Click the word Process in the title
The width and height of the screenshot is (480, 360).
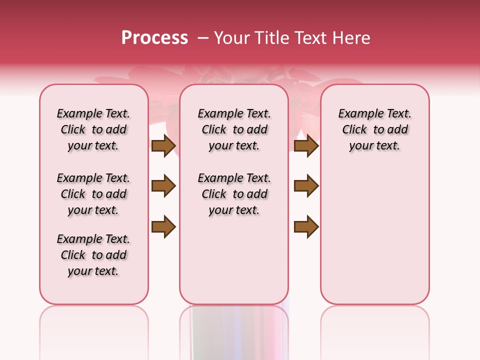[154, 38]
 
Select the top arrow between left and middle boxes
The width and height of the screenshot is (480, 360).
[163, 145]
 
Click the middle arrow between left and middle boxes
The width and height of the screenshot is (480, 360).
[163, 186]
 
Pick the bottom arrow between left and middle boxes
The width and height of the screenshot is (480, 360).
[163, 226]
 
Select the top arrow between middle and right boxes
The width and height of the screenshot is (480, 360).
[306, 145]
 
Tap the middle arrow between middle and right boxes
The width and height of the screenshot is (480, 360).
[306, 186]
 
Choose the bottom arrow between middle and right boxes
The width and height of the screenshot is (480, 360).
[306, 226]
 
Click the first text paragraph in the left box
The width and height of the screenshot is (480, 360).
[93, 129]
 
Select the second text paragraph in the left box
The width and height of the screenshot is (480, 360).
[93, 194]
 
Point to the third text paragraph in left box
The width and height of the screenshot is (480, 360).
[93, 255]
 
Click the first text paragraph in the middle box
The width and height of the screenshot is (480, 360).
[234, 129]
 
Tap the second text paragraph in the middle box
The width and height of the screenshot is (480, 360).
[234, 194]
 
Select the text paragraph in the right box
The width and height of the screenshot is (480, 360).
[374, 129]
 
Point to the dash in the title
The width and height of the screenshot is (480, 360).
[203, 38]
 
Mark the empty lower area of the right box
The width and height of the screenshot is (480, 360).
[374, 230]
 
